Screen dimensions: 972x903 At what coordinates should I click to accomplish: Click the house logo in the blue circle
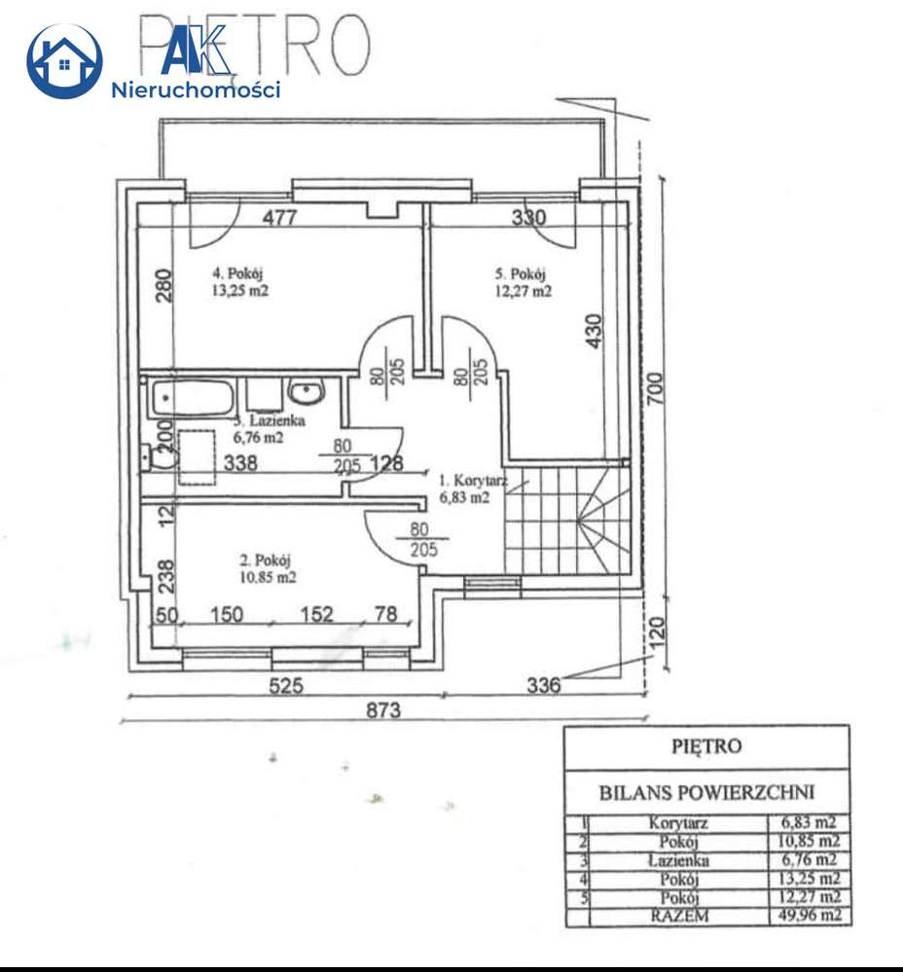[x=64, y=61]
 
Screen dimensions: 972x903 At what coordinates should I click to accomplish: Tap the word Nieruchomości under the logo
[x=197, y=90]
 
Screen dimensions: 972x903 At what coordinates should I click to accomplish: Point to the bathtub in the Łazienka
[x=192, y=398]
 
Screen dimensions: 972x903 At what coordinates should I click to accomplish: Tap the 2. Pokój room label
[x=266, y=559]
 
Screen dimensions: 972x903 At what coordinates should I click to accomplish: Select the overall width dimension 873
[x=383, y=711]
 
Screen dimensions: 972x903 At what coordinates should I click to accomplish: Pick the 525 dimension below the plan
[x=286, y=685]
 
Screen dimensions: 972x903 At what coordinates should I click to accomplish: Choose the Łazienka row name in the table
[x=678, y=860]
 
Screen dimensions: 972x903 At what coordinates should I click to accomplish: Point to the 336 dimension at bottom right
[x=544, y=685]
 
